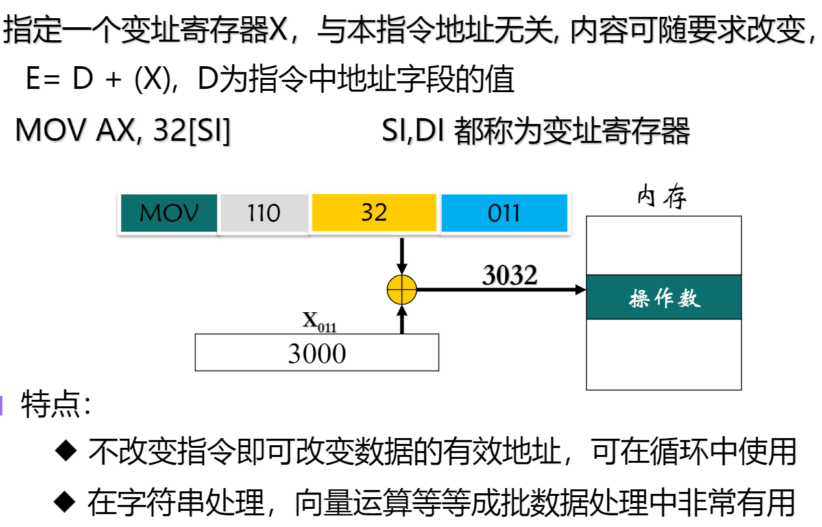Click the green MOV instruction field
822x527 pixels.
coord(169,213)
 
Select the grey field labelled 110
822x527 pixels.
coord(263,213)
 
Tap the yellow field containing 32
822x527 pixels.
coord(374,212)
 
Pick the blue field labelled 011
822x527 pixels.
coord(504,212)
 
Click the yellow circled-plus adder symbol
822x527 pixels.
coord(402,289)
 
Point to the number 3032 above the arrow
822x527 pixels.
coord(510,275)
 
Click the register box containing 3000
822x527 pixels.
coord(317,352)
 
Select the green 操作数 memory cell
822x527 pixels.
coord(664,297)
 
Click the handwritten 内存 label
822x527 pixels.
coord(662,198)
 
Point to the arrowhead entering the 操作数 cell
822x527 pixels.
coord(581,289)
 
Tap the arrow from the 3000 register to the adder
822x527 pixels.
coord(402,319)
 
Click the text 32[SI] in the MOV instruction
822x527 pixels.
coord(192,131)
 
